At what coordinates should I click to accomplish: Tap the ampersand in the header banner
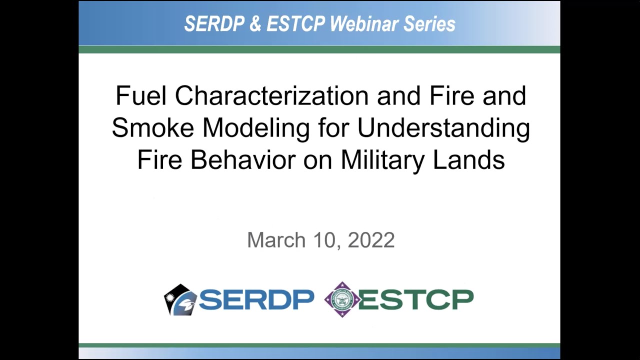(255, 24)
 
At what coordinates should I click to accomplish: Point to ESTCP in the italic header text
(295, 24)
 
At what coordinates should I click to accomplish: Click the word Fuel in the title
(141, 95)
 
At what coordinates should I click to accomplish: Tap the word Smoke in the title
(153, 128)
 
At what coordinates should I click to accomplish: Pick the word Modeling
(256, 129)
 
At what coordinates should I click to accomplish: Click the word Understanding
(443, 129)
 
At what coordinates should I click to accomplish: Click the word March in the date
(276, 240)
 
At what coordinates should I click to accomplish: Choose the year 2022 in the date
(371, 240)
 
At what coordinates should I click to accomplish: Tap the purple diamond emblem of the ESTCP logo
(342, 299)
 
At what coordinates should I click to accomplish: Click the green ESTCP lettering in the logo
(416, 299)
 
